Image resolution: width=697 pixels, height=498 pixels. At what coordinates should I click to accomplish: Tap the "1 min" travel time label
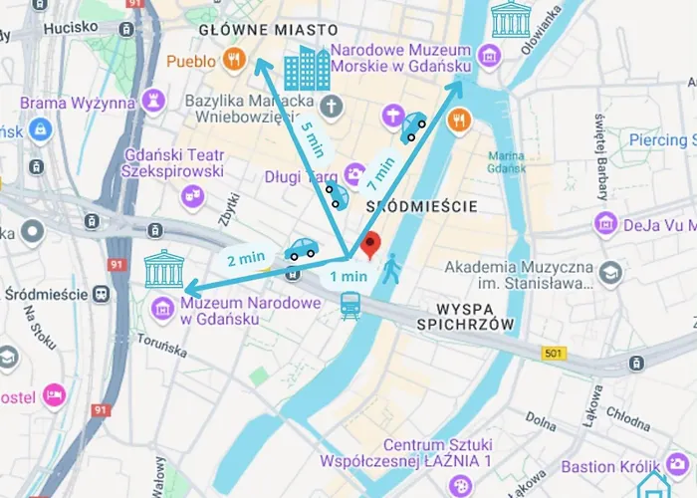pos(348,276)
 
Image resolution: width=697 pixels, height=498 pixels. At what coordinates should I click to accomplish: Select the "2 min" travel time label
pos(244,260)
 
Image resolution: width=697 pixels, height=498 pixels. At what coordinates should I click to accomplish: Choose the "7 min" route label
pos(381,172)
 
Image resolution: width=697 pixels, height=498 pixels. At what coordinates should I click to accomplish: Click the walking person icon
pos(391,267)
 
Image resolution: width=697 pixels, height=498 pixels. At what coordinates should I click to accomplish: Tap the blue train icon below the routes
pos(350,306)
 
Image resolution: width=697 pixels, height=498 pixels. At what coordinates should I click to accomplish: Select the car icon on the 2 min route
pos(300,249)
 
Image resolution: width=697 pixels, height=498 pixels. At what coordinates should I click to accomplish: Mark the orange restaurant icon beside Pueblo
pos(234,60)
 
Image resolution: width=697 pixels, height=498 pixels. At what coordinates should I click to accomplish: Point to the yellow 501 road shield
pos(554,354)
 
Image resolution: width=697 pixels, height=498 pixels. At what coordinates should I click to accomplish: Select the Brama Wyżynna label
pos(77,103)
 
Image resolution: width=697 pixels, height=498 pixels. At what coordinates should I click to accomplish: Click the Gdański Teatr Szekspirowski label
pos(172,162)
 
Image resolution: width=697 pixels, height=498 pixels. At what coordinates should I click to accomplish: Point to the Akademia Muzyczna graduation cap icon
pos(609,271)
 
